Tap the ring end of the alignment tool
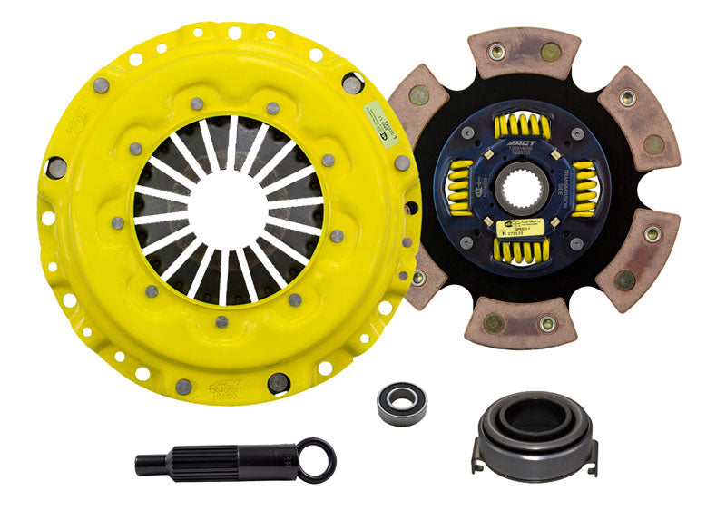[317, 460]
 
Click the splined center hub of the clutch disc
[523, 188]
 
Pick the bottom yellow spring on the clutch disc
[521, 250]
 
